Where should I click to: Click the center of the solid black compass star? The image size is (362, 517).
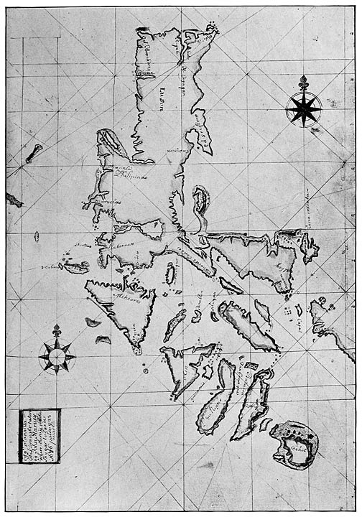tap(303, 109)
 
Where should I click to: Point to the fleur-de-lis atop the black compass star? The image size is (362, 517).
tap(303, 82)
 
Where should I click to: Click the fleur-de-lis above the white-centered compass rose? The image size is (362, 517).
tap(57, 330)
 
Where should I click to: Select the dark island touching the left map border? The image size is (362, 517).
tap(11, 200)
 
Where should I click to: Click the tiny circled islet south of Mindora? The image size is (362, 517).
tap(144, 371)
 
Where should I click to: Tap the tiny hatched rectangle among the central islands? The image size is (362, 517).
tap(252, 366)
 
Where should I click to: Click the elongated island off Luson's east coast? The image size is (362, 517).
tap(200, 200)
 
